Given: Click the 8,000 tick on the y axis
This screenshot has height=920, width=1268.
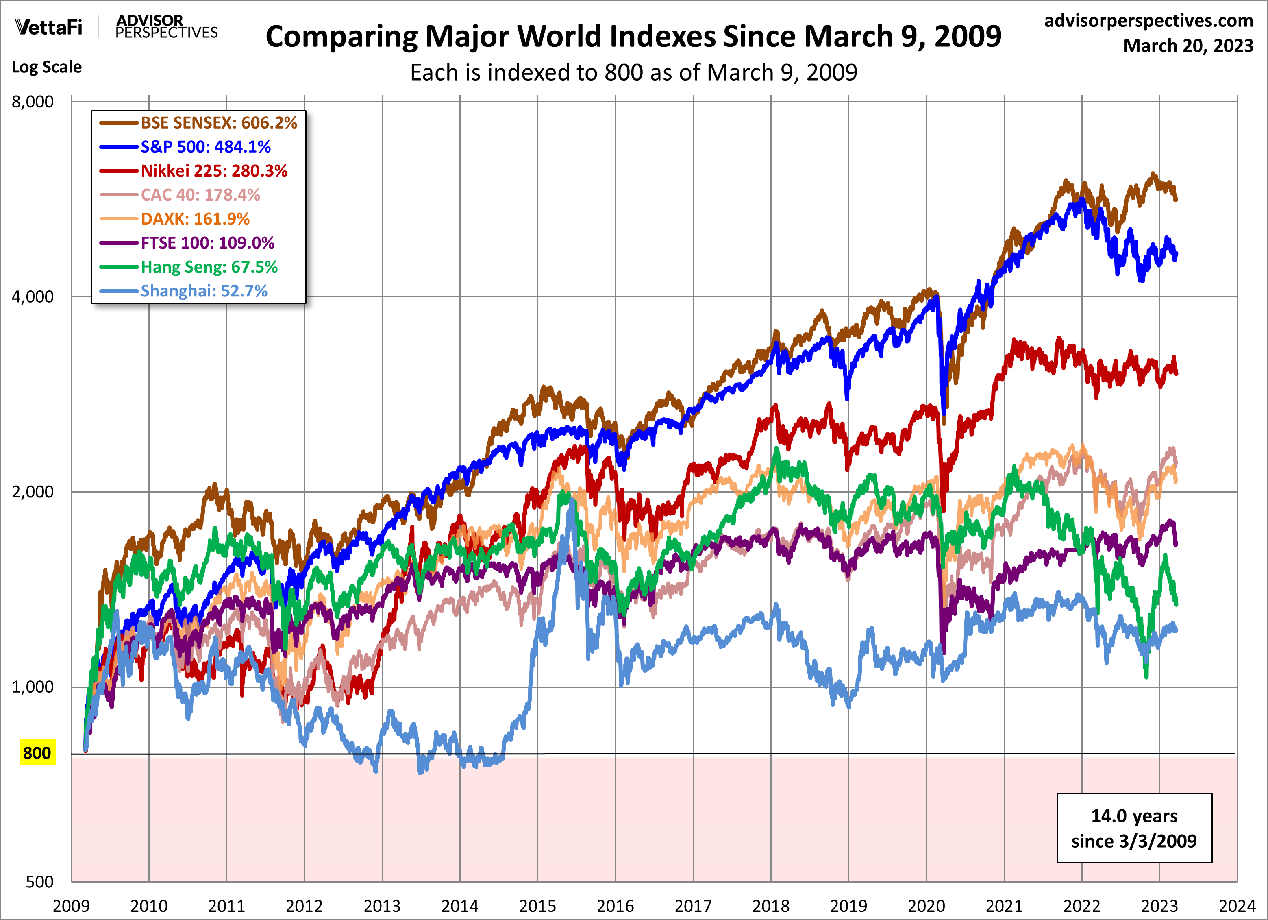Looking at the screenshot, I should pos(33,102).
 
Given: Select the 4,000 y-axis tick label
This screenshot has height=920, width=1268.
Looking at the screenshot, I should pos(33,297).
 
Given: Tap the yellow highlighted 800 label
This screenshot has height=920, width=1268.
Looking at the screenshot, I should pos(37,753).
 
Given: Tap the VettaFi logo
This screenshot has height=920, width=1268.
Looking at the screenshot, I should pos(49,27).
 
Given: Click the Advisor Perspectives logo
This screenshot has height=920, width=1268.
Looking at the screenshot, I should pos(166,27).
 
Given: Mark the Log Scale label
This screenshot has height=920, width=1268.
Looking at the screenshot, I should pos(47,67).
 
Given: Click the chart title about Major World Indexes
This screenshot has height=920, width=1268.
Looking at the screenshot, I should pos(633,37).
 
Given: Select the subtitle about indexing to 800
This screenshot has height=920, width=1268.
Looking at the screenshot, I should pos(633,73).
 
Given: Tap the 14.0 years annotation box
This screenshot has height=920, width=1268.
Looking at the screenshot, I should pos(1134,828).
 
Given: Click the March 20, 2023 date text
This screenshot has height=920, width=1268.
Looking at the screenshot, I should pos(1188,46).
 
